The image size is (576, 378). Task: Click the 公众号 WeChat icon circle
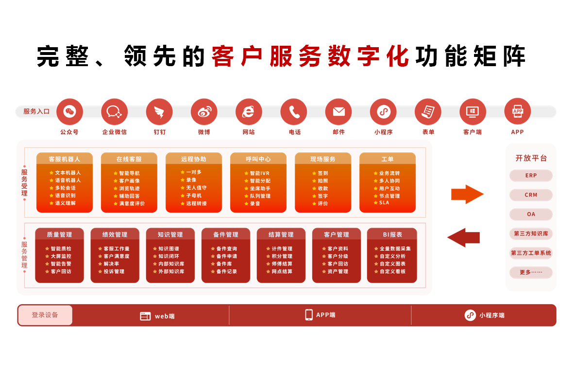click(x=69, y=111)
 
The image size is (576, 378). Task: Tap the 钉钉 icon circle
click(x=159, y=111)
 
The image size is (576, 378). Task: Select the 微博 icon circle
click(x=204, y=111)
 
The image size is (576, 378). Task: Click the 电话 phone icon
click(x=293, y=111)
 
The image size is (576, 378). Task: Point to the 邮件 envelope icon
click(x=339, y=111)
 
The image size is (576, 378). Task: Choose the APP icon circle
click(x=518, y=111)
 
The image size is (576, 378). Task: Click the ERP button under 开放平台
click(x=531, y=176)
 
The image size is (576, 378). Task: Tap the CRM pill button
click(x=531, y=195)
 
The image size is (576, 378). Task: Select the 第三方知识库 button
click(x=531, y=234)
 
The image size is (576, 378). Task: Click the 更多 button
click(x=531, y=272)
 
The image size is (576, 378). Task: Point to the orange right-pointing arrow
click(x=467, y=194)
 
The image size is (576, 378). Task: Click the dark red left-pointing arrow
click(x=464, y=237)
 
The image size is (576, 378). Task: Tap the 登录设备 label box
click(x=45, y=315)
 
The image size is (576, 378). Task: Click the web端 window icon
click(x=146, y=316)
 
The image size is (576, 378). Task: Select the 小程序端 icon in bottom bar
click(x=470, y=315)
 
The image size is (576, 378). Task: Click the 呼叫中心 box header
click(x=258, y=159)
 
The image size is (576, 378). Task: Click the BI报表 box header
click(x=392, y=234)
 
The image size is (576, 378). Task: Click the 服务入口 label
click(x=36, y=111)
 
